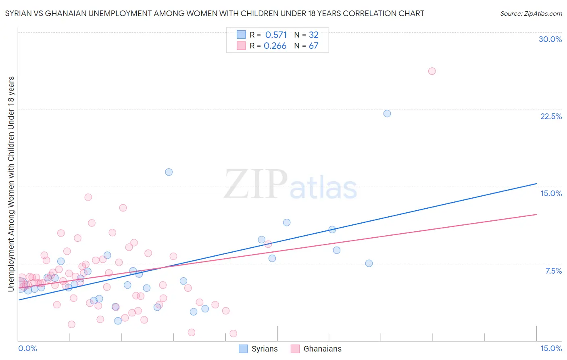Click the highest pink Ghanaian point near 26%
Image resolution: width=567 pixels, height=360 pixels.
coord(432,71)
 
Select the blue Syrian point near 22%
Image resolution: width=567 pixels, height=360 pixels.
coord(387,113)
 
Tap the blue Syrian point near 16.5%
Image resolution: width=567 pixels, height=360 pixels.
coord(169,172)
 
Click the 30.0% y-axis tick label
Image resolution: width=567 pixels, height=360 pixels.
coord(550,39)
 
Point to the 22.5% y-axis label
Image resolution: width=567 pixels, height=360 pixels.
coord(551,116)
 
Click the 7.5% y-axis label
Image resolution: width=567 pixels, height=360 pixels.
coord(553,271)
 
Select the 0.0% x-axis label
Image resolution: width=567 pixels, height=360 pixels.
coord(27,348)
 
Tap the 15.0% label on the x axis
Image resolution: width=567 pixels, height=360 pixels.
coord(551,348)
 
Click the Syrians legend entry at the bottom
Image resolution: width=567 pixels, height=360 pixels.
coord(264,349)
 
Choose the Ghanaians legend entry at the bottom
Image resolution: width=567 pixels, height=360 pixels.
coord(322,349)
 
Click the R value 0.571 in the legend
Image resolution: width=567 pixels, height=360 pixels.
coord(276,35)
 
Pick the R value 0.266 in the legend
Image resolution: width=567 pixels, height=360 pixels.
coord(275,46)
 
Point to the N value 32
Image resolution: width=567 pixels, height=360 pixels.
coord(314,35)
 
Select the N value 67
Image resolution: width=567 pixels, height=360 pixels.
coord(314,46)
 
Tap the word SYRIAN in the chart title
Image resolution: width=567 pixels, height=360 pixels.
coord(19,14)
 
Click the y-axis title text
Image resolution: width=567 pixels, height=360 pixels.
coord(11,184)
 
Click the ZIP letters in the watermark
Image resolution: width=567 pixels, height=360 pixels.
coord(256,184)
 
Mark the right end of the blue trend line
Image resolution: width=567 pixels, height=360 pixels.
coord(536,184)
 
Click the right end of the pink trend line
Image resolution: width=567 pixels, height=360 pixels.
coord(536,214)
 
